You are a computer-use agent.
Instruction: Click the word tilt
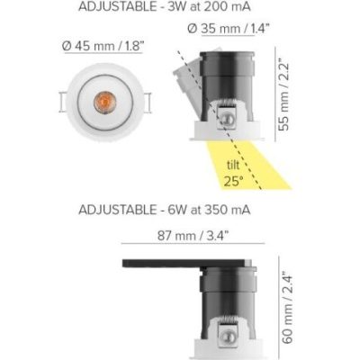click(x=233, y=165)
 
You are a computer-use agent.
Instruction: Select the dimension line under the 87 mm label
click(x=191, y=247)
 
